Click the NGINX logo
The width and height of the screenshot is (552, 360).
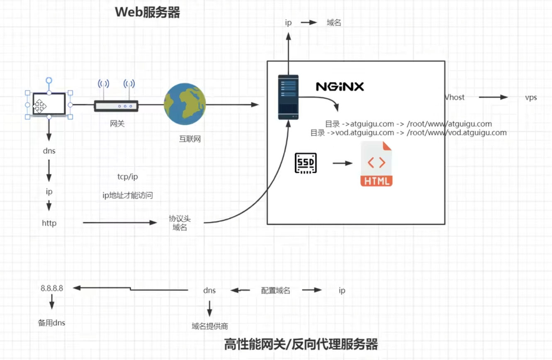(x=340, y=87)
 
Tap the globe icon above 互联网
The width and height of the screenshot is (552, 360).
(x=185, y=104)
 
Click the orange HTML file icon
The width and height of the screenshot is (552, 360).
(x=376, y=164)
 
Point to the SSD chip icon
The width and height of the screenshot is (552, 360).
(x=306, y=163)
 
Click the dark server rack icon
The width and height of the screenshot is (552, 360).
(x=288, y=97)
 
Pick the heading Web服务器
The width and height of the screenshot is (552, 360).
(x=147, y=12)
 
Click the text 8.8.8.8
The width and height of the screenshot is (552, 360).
(x=52, y=288)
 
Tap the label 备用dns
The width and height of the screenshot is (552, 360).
(x=52, y=323)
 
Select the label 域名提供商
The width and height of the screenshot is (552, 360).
(x=209, y=326)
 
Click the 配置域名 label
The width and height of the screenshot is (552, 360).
(x=275, y=290)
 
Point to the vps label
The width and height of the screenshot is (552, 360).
(x=531, y=97)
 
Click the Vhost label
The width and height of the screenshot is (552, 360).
(x=455, y=97)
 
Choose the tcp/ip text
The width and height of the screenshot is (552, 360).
(x=128, y=177)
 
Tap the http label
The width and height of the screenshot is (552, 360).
(x=49, y=223)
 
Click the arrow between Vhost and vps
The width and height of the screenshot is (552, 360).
(x=493, y=97)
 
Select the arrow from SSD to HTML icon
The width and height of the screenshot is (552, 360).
(x=342, y=163)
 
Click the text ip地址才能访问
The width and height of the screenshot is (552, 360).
(x=128, y=195)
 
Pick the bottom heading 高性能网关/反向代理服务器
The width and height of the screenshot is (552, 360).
(x=301, y=344)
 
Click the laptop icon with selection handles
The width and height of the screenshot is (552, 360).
(x=49, y=104)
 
